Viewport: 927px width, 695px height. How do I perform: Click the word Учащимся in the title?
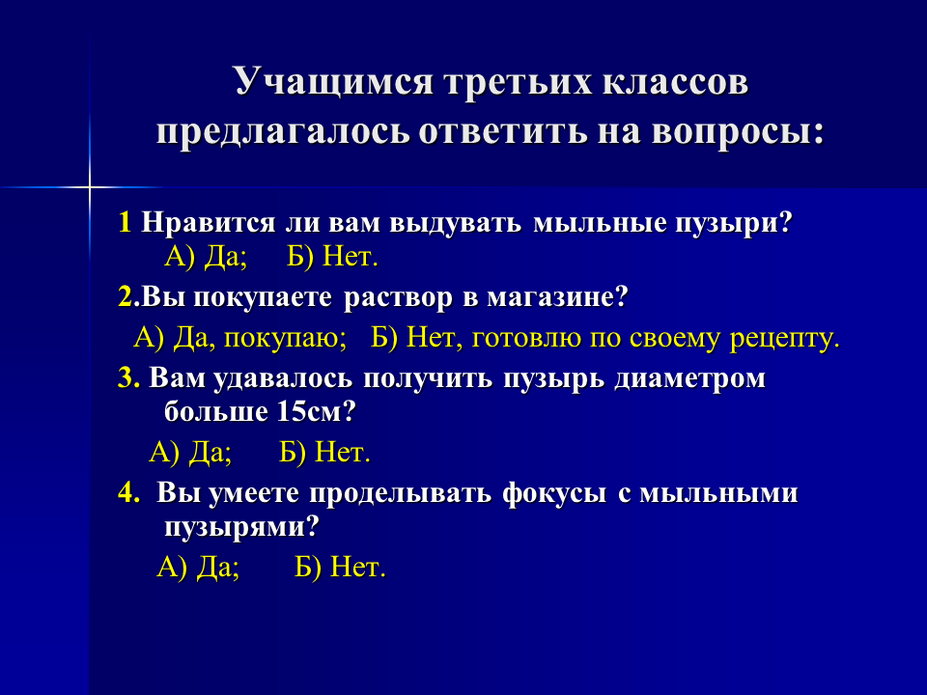click(334, 81)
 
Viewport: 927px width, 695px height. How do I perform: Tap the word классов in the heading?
click(675, 81)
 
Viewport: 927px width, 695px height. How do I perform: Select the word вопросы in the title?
click(737, 132)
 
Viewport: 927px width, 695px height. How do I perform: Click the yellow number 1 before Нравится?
click(125, 223)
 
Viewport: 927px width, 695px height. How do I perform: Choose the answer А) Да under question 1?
click(205, 257)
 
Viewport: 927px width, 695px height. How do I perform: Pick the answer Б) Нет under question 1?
click(332, 257)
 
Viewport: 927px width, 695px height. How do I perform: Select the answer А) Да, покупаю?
click(240, 339)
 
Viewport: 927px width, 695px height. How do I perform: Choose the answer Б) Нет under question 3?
click(324, 453)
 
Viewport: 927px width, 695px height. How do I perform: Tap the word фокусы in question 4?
click(554, 494)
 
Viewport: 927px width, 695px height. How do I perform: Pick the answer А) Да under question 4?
click(198, 568)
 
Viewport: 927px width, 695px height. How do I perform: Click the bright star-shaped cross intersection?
click(90, 187)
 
